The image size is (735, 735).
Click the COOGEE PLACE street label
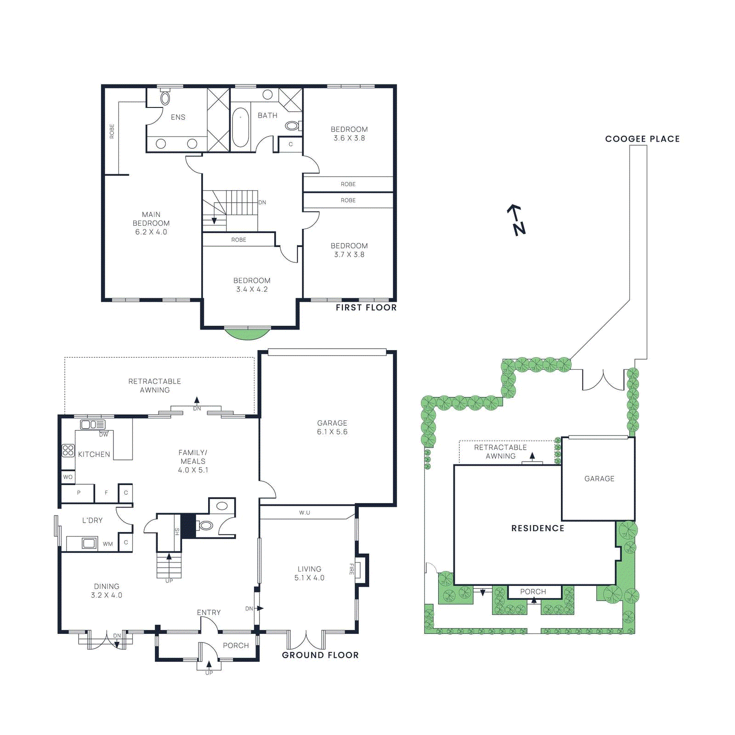(x=642, y=139)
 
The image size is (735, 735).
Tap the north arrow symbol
(x=516, y=220)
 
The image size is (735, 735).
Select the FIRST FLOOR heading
(x=366, y=307)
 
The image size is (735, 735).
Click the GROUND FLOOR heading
(x=320, y=655)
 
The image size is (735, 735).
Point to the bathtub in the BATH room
(x=240, y=127)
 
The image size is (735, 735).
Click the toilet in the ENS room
(x=165, y=98)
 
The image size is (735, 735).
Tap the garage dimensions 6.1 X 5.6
(x=332, y=432)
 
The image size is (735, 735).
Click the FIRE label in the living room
(x=352, y=569)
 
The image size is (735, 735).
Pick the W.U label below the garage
(x=305, y=513)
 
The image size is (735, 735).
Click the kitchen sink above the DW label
(x=92, y=424)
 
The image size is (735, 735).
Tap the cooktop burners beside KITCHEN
(x=68, y=450)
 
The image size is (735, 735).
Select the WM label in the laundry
(x=107, y=544)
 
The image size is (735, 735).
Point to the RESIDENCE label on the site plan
(x=537, y=528)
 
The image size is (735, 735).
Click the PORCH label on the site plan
(x=533, y=592)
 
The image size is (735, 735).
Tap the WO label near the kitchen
(x=68, y=477)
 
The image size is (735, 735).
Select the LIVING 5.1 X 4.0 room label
(x=309, y=573)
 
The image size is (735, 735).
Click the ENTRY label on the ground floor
(x=209, y=612)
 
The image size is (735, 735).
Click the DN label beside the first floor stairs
(x=262, y=202)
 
